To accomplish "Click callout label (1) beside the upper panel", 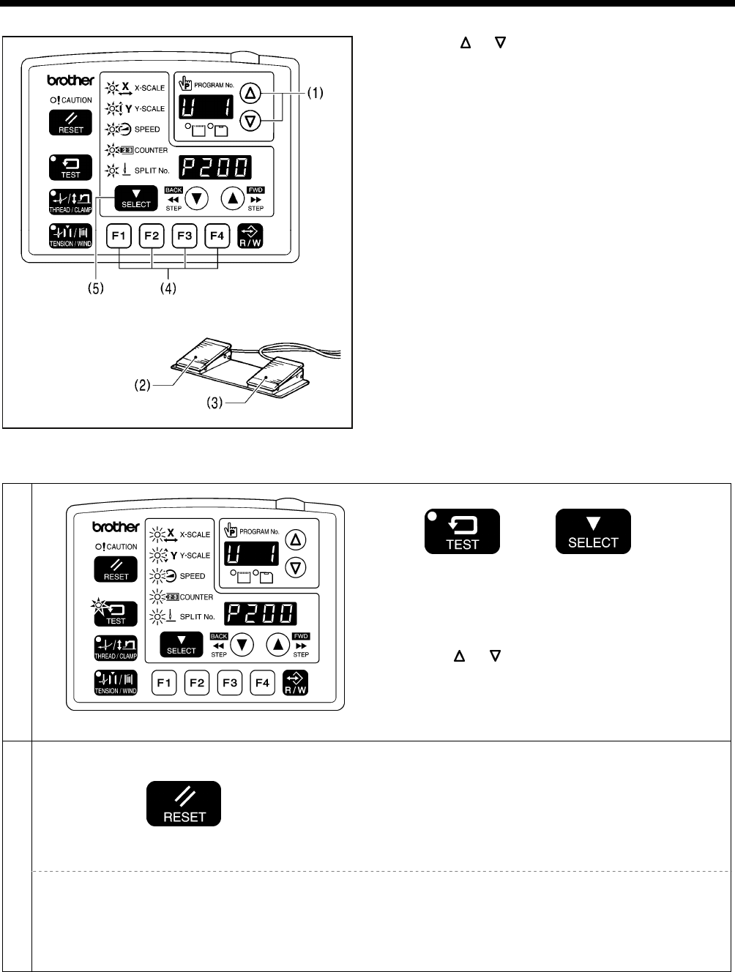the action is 311,93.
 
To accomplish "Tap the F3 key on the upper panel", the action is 185,236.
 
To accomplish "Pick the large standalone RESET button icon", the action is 184,804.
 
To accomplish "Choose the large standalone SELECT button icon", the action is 594,531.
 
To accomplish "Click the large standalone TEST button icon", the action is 462,531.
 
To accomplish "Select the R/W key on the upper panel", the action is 250,236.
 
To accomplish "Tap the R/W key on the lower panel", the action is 295,683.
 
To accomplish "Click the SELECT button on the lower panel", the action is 182,644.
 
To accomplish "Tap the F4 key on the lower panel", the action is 262,683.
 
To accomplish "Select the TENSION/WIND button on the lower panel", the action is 116,683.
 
